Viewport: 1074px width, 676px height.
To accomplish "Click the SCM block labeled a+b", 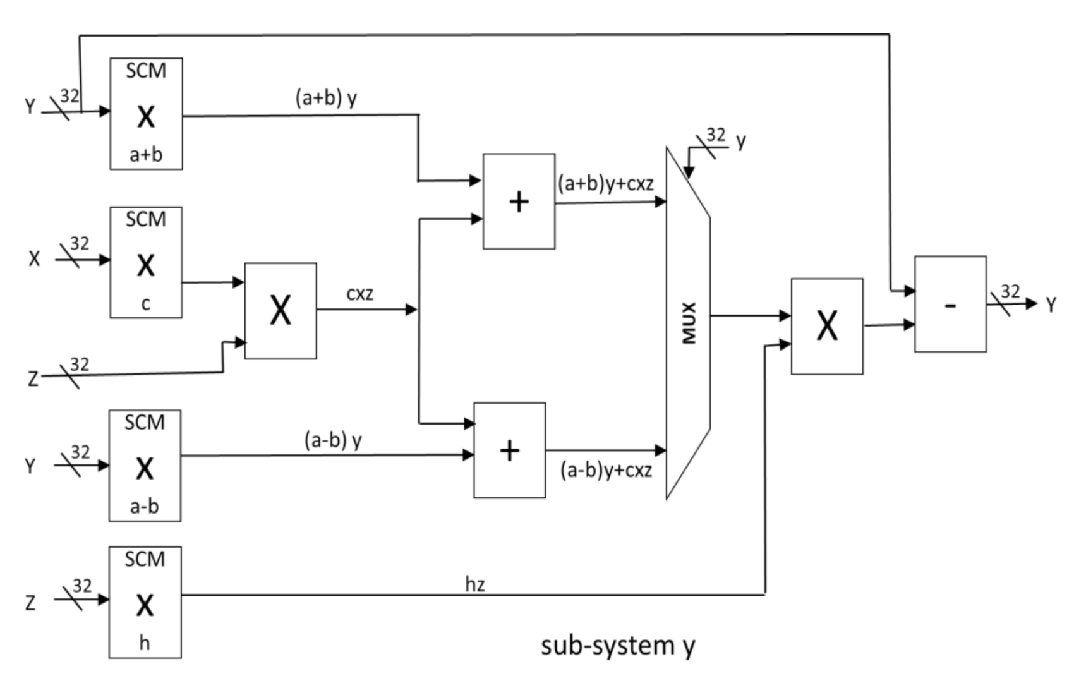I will [x=146, y=114].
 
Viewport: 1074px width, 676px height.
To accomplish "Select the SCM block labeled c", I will [x=146, y=262].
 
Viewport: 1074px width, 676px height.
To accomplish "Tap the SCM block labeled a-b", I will [x=145, y=466].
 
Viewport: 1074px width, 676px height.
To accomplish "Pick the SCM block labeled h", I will [x=145, y=602].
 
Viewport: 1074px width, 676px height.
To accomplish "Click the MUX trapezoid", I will [x=688, y=323].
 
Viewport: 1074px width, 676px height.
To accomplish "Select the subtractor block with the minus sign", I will [x=950, y=304].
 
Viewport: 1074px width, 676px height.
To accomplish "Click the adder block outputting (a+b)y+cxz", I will [x=519, y=202].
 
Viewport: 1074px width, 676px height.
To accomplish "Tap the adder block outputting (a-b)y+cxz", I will [x=509, y=450].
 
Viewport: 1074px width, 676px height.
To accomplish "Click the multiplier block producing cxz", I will [x=281, y=311].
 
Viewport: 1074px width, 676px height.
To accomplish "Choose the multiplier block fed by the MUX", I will [x=827, y=327].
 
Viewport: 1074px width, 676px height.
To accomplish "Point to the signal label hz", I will [x=475, y=584].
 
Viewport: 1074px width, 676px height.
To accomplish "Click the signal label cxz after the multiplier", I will [x=360, y=294].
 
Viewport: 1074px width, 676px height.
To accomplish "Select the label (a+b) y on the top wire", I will [x=326, y=98].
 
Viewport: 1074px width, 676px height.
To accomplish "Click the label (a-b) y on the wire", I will [x=333, y=440].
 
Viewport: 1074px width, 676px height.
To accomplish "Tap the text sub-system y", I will [x=618, y=646].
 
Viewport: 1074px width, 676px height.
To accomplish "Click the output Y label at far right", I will [x=1051, y=305].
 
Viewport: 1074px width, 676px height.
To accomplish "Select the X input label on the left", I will [x=34, y=259].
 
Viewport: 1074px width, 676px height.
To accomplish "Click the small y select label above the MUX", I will [x=741, y=140].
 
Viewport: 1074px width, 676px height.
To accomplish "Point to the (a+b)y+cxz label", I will [x=605, y=184].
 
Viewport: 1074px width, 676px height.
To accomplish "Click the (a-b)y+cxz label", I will [x=606, y=470].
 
